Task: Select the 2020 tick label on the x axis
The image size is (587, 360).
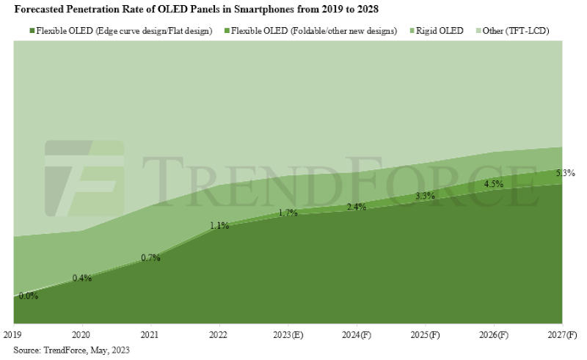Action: click(x=81, y=334)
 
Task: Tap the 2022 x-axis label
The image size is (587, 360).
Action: click(x=219, y=334)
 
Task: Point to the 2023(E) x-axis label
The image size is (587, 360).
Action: click(x=287, y=334)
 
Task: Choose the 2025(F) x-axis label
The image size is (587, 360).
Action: click(x=425, y=334)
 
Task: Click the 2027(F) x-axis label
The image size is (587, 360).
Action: click(x=561, y=334)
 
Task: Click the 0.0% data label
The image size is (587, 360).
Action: click(x=29, y=296)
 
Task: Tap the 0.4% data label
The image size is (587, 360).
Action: click(x=81, y=278)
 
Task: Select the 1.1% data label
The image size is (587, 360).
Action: click(x=219, y=226)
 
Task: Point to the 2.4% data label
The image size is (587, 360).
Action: click(x=356, y=207)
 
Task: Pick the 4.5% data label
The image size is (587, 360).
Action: click(x=493, y=184)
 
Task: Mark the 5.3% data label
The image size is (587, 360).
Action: click(x=565, y=174)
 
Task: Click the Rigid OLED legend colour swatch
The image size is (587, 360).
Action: click(x=411, y=31)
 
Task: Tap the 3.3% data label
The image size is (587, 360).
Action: click(x=425, y=196)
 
